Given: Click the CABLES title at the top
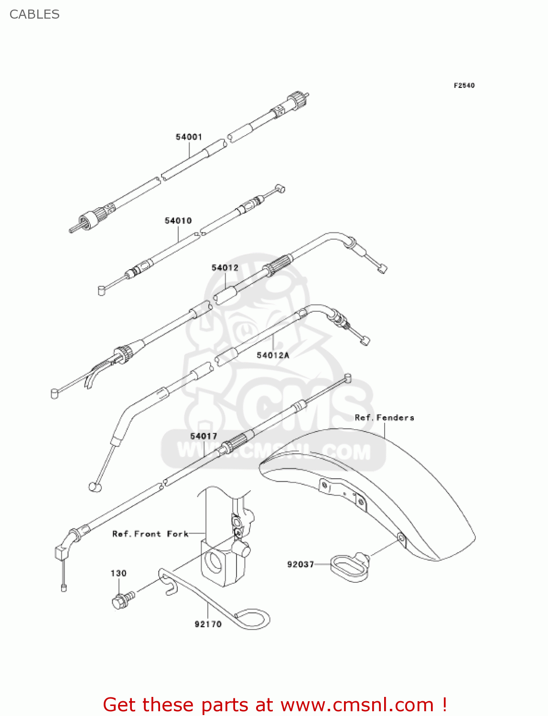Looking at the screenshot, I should pyautogui.click(x=34, y=14).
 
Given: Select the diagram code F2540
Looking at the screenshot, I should pyautogui.click(x=464, y=85).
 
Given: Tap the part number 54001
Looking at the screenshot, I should pyautogui.click(x=189, y=137).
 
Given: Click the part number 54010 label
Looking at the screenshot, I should pyautogui.click(x=178, y=221).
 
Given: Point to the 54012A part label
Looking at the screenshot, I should pyautogui.click(x=273, y=355).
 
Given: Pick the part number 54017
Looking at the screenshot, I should pyautogui.click(x=204, y=436).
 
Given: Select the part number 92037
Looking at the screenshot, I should pyautogui.click(x=301, y=564).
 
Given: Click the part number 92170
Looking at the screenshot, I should pyautogui.click(x=208, y=624).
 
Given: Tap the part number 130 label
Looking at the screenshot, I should pyautogui.click(x=118, y=573).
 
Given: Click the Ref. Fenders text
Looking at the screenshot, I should pyautogui.click(x=384, y=418).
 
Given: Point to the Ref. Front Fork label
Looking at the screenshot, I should pyautogui.click(x=150, y=534).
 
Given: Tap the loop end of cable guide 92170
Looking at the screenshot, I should pyautogui.click(x=253, y=619).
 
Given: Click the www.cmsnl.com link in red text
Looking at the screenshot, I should pyautogui.click(x=357, y=705).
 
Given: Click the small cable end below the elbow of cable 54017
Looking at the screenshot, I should pyautogui.click(x=64, y=587).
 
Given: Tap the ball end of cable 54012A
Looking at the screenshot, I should pyautogui.click(x=94, y=487).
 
